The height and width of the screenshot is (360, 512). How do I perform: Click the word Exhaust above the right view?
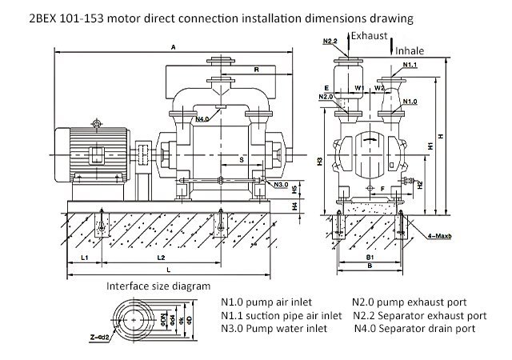(371, 36)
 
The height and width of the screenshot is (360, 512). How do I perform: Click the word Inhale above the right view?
(410, 50)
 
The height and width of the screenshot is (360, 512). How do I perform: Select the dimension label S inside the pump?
(241, 159)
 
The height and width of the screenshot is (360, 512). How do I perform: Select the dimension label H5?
(294, 190)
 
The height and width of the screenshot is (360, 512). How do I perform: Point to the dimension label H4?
(294, 206)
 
